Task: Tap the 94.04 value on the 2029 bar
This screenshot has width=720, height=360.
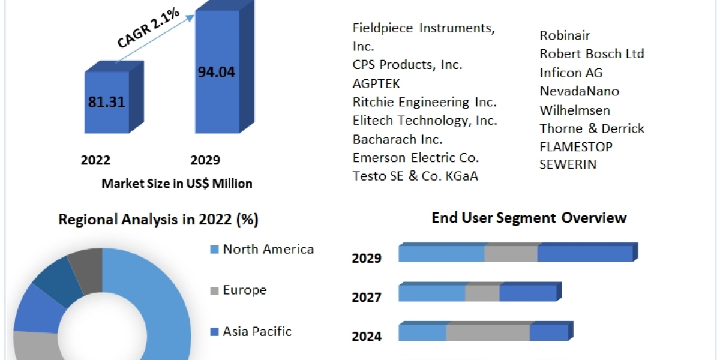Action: tap(216, 73)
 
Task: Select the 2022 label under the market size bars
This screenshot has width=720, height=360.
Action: tap(95, 160)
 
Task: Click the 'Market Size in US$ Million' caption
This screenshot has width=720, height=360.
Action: tap(177, 184)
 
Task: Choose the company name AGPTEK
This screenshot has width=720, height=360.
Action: tap(376, 83)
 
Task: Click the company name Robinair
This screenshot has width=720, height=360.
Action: tap(565, 35)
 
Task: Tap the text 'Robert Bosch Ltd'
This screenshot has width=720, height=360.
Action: tap(592, 54)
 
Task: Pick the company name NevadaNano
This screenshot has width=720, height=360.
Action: tap(579, 91)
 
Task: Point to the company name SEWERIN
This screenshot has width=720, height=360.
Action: tap(568, 164)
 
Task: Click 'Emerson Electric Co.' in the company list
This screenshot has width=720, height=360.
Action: tap(416, 158)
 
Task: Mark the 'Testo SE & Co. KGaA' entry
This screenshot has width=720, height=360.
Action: tap(415, 176)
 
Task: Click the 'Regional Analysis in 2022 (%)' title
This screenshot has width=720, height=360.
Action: tap(158, 220)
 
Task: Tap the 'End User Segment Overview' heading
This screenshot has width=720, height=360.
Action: tap(529, 218)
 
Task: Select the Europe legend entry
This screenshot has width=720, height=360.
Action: tap(245, 290)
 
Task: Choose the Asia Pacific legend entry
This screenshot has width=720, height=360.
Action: tap(257, 331)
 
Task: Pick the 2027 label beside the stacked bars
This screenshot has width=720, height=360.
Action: tap(367, 297)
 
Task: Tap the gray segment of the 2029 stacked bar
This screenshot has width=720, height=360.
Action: tap(511, 254)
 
